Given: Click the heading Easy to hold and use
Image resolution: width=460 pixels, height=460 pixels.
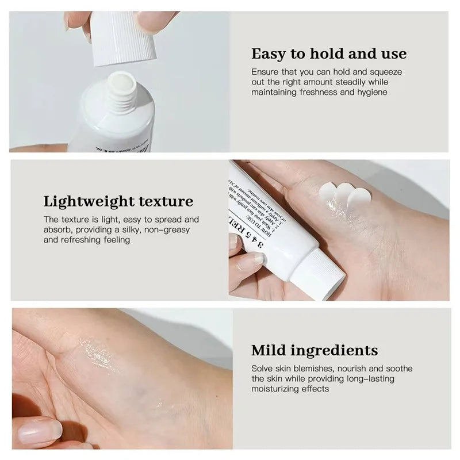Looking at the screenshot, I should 329,54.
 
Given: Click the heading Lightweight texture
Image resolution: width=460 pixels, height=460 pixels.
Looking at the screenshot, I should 118,201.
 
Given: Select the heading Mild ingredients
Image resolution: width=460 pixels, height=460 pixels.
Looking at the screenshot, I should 315,350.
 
